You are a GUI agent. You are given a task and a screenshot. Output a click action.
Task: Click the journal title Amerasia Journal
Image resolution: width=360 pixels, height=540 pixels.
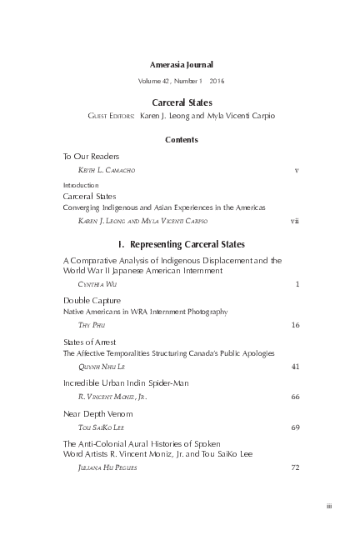[x=181, y=63]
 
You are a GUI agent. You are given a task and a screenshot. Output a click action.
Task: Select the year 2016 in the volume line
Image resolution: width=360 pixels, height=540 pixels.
[x=217, y=81]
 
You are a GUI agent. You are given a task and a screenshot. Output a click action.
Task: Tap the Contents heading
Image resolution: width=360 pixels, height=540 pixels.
[x=181, y=140]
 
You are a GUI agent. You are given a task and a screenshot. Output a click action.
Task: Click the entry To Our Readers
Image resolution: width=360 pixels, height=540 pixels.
[x=92, y=156]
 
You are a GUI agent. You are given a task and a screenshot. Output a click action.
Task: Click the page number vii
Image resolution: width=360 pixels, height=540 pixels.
[x=294, y=222]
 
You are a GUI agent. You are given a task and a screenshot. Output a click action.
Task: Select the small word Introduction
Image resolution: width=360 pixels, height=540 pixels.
[x=81, y=185]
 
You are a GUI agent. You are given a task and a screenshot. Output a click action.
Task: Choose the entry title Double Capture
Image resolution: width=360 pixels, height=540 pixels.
[x=92, y=299]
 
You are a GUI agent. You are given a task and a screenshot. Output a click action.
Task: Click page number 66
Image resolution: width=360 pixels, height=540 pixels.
[x=295, y=398]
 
